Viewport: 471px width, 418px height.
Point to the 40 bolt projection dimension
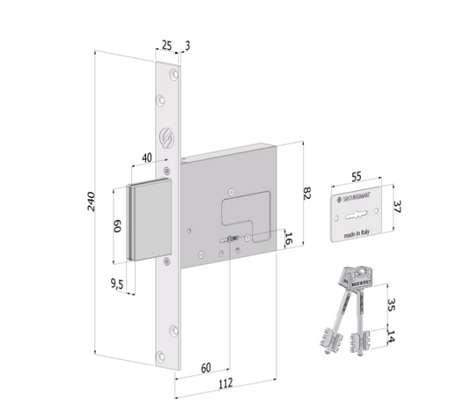click(x=146, y=158)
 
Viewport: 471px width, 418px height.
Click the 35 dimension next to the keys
click(x=391, y=305)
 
